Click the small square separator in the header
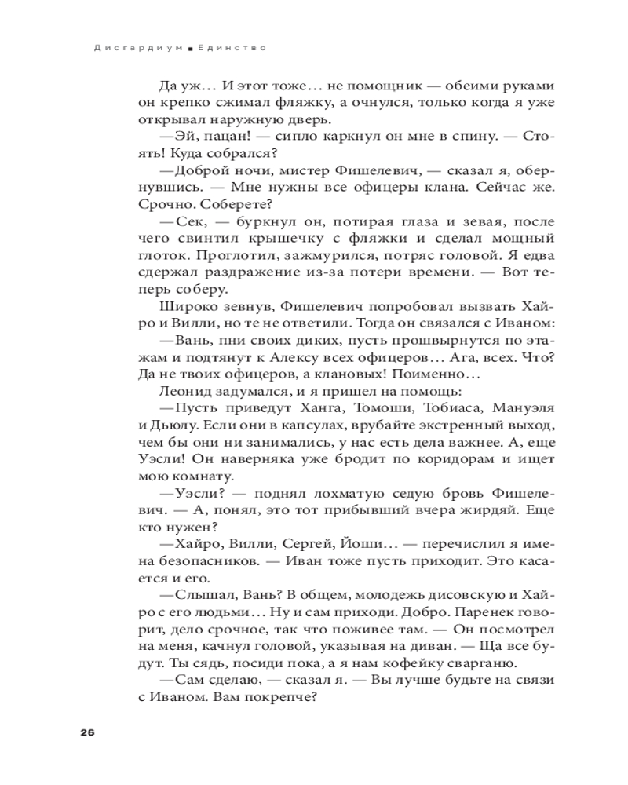click(189, 48)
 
